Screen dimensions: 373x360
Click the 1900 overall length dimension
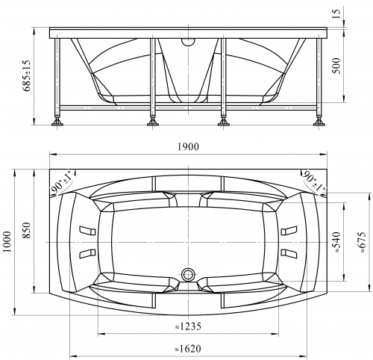click(188, 146)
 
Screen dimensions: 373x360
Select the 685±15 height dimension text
click(27, 75)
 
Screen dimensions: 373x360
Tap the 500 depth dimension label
click(336, 66)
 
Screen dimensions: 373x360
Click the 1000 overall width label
click(7, 241)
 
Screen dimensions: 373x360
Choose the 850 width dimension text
click(27, 230)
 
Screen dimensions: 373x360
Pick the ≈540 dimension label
click(337, 242)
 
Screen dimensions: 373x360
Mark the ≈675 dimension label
click(363, 242)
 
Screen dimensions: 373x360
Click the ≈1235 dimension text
click(188, 326)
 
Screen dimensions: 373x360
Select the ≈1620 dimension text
click(188, 349)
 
